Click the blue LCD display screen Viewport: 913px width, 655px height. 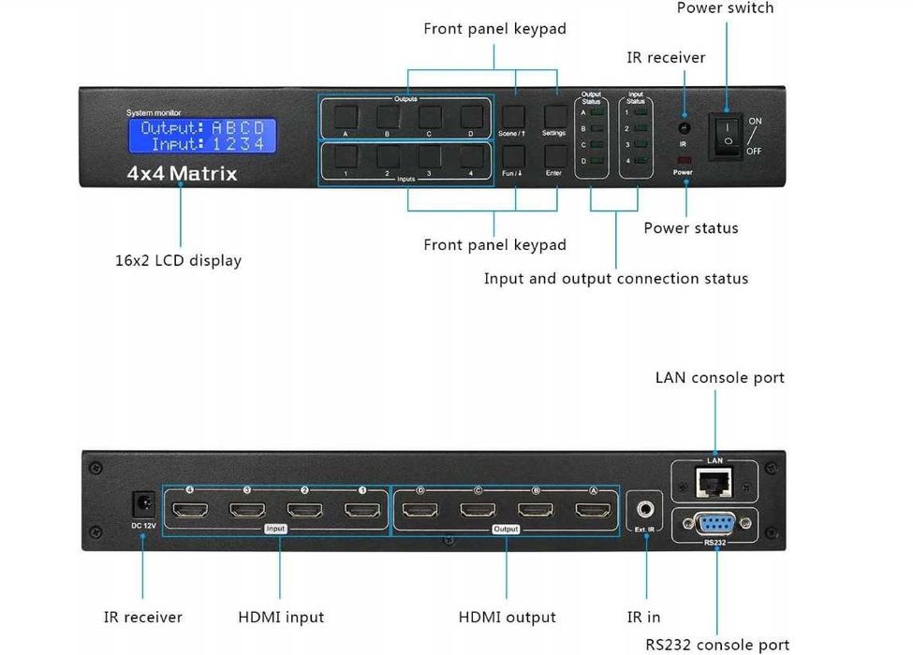point(202,137)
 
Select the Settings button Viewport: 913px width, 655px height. point(553,115)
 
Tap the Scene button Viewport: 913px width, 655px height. point(512,115)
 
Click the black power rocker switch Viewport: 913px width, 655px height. point(727,135)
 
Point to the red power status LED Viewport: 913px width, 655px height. point(684,161)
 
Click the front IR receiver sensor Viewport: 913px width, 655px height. point(684,128)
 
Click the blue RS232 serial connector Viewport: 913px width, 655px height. point(714,524)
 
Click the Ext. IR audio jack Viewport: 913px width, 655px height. point(646,510)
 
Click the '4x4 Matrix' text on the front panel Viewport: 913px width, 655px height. point(183,174)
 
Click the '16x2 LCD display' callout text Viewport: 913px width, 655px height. point(178,261)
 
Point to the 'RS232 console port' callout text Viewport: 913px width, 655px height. point(717,645)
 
